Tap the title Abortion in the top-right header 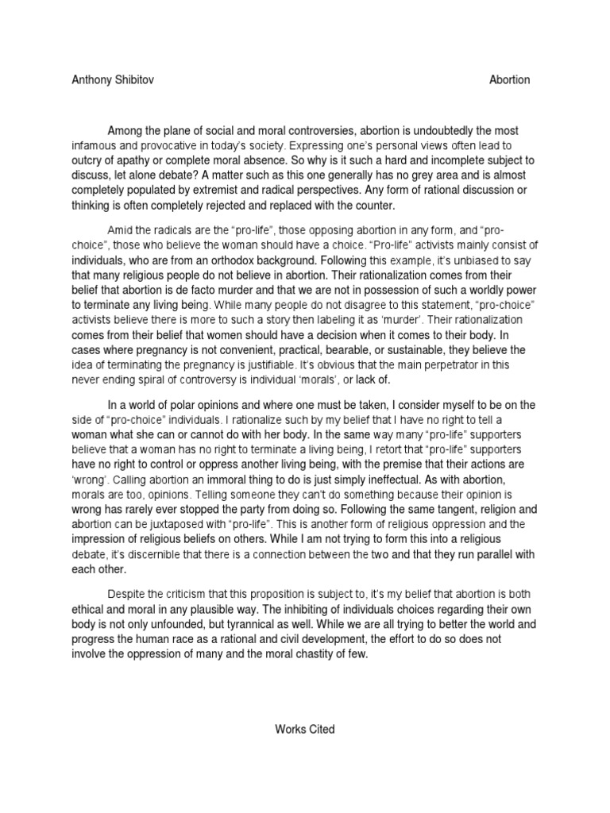click(510, 80)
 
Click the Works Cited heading click(305, 730)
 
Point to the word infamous click(100, 146)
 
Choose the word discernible click(152, 554)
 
